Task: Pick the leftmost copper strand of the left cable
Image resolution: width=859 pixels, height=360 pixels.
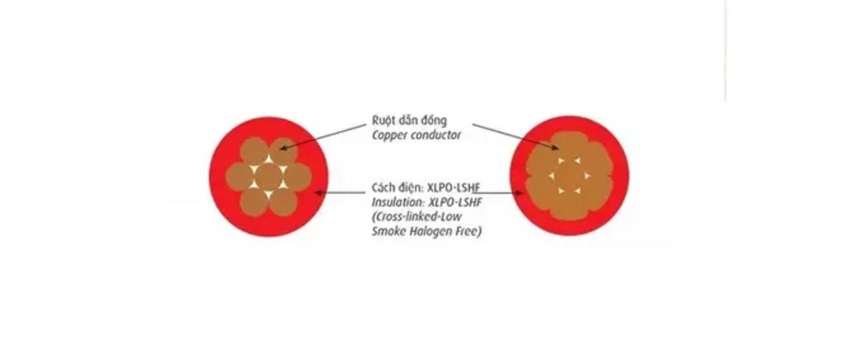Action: point(238,176)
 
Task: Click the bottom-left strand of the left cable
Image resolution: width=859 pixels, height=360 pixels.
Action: point(253,201)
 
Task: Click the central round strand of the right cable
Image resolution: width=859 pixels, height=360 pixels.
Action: point(569,176)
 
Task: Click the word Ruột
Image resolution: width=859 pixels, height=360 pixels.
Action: point(384,120)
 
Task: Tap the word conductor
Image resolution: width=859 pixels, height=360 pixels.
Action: point(437,135)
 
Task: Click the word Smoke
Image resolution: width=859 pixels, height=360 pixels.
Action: point(387,232)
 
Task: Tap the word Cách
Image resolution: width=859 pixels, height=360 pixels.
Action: point(384,188)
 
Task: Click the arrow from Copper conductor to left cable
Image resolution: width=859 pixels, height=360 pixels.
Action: point(322,136)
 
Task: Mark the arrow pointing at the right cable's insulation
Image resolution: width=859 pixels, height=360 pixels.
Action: point(494,193)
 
